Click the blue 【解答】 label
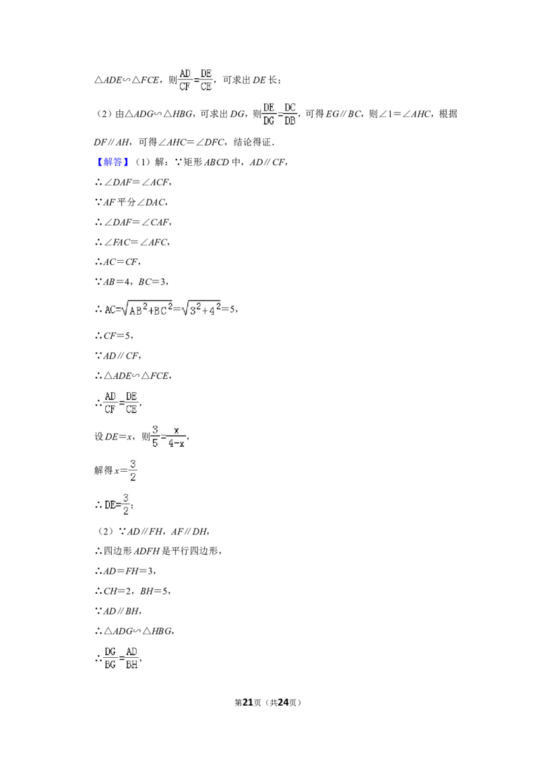pyautogui.click(x=112, y=162)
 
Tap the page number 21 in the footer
pyautogui.click(x=248, y=702)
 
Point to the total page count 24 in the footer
pyautogui.click(x=282, y=702)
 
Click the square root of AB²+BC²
pyautogui.click(x=148, y=308)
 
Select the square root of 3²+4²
pyautogui.click(x=200, y=308)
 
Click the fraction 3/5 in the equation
pyautogui.click(x=155, y=436)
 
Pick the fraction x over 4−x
pyautogui.click(x=176, y=437)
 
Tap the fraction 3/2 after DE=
pyautogui.click(x=126, y=505)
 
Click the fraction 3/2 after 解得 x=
pyautogui.click(x=133, y=470)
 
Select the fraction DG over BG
pyautogui.click(x=110, y=658)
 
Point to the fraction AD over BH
pyautogui.click(x=131, y=658)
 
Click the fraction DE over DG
pyautogui.click(x=269, y=114)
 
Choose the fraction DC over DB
pyautogui.click(x=290, y=114)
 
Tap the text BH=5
pyautogui.click(x=154, y=591)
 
